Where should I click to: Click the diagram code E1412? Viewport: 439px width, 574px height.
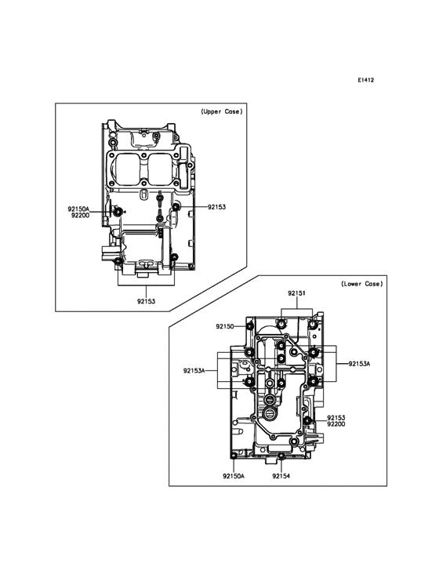pos(365,80)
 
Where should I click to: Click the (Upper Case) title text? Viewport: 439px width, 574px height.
pos(222,111)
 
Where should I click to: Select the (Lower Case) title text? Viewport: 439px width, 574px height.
pos(362,284)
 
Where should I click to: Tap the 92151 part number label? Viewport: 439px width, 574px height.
pos(296,293)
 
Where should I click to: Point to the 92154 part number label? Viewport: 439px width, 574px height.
pos(281,476)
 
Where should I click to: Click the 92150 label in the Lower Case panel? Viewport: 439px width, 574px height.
pos(225,326)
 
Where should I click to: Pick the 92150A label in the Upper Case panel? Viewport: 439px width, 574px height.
pos(78,209)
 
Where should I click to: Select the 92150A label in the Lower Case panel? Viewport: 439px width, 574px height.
pos(234,476)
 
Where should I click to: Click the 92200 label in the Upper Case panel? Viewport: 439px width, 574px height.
pos(80,215)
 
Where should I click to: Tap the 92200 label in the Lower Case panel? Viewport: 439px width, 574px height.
pos(336,424)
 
